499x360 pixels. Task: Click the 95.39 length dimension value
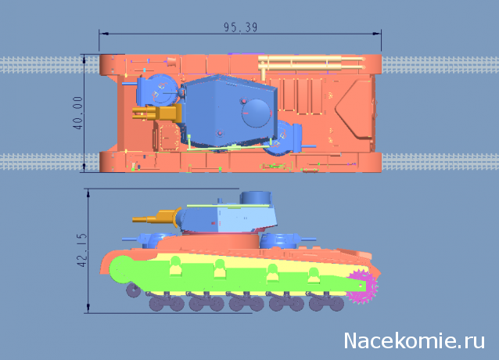(x=240, y=27)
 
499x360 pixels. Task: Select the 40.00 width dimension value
(x=77, y=113)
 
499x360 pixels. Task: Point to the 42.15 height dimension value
(x=82, y=250)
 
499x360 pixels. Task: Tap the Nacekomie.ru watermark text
(x=415, y=340)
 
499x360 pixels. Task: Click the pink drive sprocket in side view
(x=362, y=286)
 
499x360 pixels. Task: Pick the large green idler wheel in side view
(x=121, y=269)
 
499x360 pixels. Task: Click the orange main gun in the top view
(x=156, y=113)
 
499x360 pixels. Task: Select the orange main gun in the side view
(x=156, y=217)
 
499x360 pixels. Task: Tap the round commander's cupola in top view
(x=257, y=113)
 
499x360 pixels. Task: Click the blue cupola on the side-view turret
(x=256, y=198)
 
